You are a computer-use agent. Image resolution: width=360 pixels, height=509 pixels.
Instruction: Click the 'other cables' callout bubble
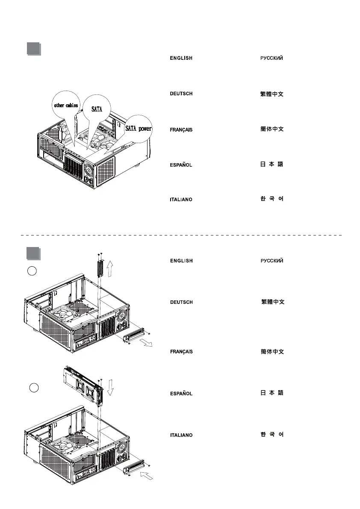click(65, 105)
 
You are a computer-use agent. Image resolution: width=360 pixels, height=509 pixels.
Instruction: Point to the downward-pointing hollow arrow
click(110, 388)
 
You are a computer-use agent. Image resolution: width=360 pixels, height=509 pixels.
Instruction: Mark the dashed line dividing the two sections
click(180, 235)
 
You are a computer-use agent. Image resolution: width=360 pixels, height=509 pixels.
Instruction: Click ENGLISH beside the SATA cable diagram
click(181, 58)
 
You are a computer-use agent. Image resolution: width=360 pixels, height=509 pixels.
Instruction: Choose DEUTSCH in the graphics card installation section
click(181, 302)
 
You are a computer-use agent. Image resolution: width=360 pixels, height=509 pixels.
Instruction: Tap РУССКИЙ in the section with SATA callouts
click(272, 58)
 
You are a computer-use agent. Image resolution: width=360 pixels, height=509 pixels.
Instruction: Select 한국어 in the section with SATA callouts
click(272, 199)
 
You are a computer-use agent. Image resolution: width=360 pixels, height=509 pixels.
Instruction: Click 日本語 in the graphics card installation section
click(272, 393)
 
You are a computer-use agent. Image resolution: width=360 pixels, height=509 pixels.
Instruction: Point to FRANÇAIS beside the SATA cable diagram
click(181, 129)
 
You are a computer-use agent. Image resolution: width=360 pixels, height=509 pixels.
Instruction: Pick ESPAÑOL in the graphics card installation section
click(181, 393)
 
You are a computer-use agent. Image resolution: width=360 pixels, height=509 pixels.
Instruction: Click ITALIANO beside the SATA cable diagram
click(181, 200)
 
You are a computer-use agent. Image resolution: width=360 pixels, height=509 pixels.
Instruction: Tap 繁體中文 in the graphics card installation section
click(273, 302)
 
